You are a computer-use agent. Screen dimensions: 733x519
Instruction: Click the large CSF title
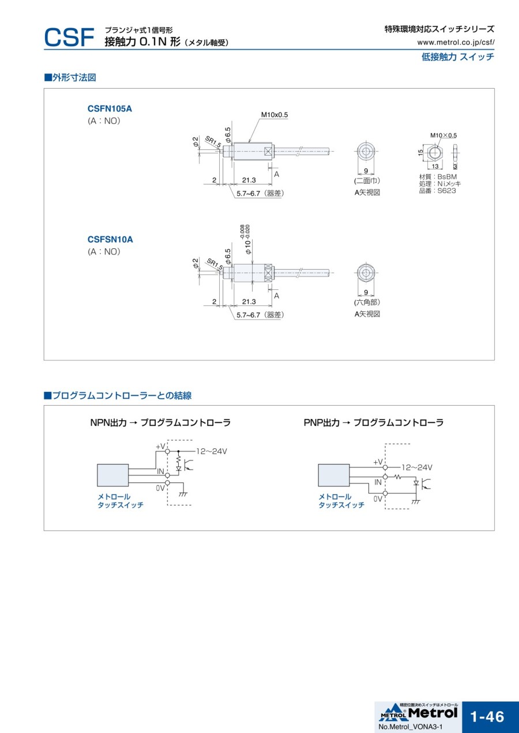[69, 38]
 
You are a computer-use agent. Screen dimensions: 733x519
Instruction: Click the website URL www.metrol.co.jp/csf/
[456, 42]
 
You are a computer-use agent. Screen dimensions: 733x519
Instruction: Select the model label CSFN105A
[110, 108]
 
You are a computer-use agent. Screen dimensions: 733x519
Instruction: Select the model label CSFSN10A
[110, 239]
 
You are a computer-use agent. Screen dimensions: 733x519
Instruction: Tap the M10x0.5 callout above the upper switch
[274, 115]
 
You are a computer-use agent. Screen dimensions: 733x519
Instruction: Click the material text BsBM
[447, 177]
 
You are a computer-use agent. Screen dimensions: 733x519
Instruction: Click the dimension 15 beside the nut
[421, 152]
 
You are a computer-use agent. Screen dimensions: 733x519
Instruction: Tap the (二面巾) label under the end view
[367, 181]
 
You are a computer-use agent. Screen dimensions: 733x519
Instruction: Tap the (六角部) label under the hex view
[367, 302]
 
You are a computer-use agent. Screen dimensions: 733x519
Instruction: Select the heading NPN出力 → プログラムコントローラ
[160, 422]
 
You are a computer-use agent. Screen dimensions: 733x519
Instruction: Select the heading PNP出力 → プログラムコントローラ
[374, 422]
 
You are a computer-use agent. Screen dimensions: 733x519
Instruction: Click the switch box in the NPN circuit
[112, 475]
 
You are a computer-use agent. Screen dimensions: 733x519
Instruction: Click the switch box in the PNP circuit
[334, 475]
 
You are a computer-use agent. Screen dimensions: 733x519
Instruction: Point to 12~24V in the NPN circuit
[212, 451]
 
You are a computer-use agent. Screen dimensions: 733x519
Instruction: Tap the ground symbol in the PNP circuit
[416, 501]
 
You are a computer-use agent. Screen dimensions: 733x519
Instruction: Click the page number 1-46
[487, 716]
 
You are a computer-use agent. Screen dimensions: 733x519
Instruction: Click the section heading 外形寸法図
[74, 77]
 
